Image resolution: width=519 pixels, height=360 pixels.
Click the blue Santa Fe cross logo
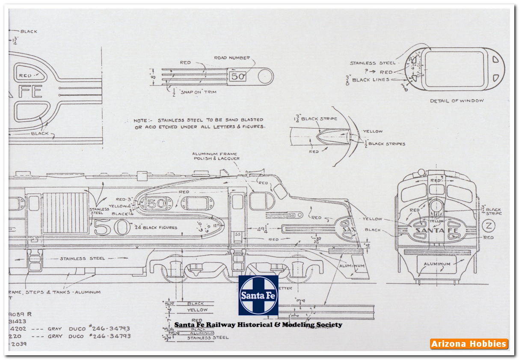tap(258, 295)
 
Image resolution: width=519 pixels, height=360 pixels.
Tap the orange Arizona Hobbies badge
tap(469, 344)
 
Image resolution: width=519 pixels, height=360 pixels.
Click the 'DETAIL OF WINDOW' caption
tap(457, 101)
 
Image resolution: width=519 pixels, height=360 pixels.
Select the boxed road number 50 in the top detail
tap(237, 77)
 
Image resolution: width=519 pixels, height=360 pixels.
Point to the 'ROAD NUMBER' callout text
tap(232, 58)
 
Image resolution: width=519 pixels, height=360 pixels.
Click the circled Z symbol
tap(487, 226)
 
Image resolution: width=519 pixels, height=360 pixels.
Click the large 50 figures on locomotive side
tap(112, 227)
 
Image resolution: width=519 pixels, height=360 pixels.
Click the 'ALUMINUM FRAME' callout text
tap(214, 154)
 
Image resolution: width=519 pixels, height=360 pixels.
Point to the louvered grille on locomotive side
tap(65, 212)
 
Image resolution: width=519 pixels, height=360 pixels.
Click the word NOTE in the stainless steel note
tap(141, 120)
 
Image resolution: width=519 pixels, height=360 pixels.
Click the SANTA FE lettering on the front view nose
tap(436, 230)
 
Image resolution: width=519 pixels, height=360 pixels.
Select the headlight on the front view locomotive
tap(436, 205)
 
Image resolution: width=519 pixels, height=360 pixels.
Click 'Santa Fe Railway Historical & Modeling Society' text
tap(258, 324)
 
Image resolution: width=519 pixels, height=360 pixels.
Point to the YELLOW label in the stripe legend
tap(197, 309)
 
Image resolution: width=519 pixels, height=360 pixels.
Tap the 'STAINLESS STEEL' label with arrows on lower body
tap(82, 259)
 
